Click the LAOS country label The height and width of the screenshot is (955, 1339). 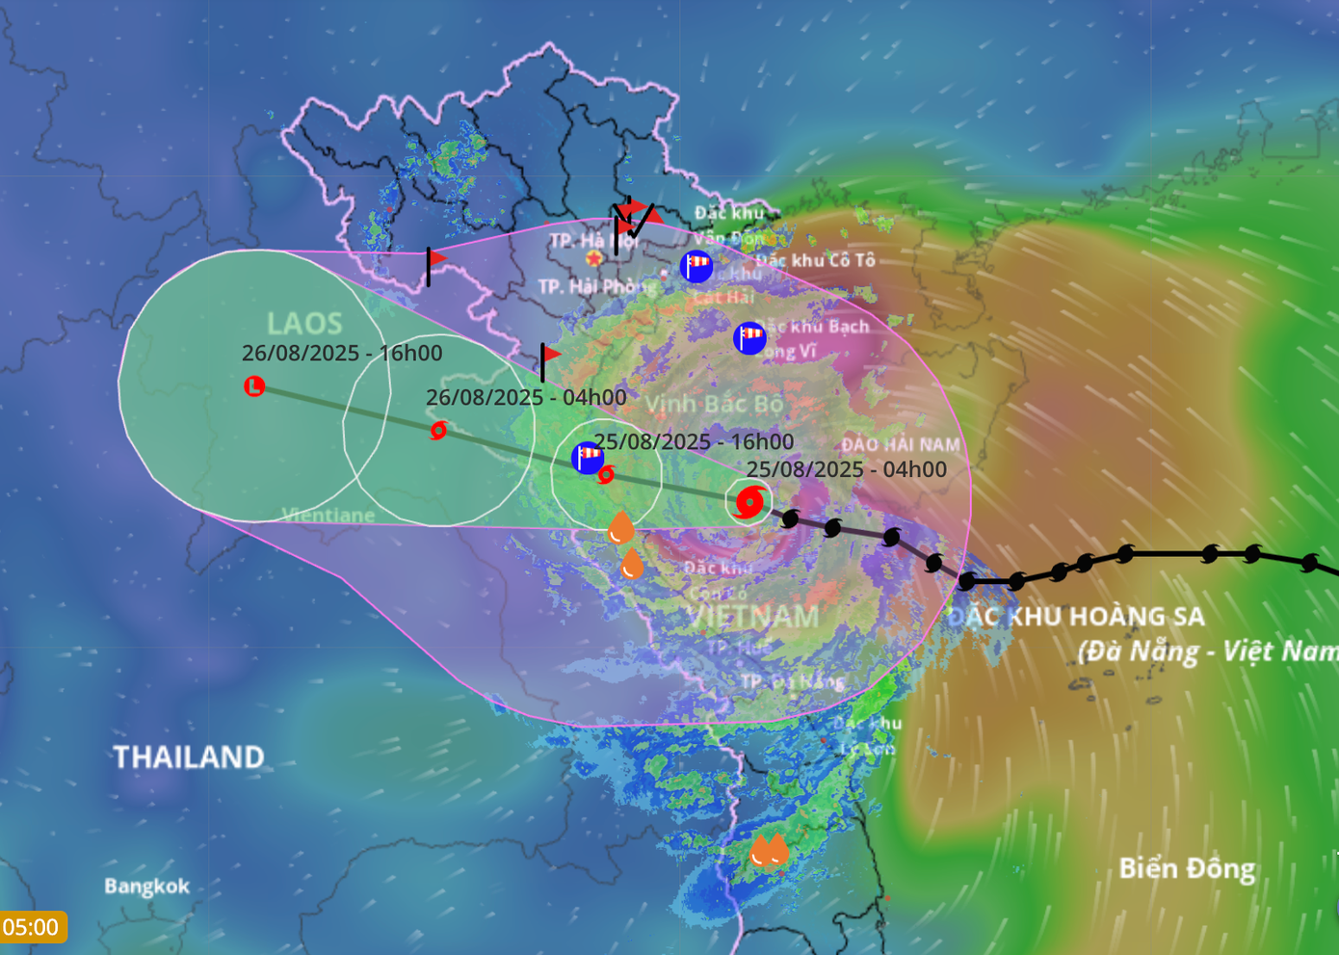coord(304,323)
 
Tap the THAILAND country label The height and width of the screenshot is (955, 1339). coord(189,757)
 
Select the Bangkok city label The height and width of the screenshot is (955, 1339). coord(146,887)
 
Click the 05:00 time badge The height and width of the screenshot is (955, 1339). coord(32,927)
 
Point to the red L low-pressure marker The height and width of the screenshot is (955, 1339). coord(254,386)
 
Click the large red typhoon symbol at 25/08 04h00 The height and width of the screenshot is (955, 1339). coord(748,502)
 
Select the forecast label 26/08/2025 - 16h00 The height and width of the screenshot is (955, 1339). coord(342,354)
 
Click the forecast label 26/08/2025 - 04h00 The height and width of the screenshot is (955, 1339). coord(526,397)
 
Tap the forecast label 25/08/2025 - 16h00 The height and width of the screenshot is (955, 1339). coord(694,441)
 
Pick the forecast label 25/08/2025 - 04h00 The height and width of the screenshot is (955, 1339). coord(847,469)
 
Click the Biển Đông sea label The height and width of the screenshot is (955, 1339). coord(1187,869)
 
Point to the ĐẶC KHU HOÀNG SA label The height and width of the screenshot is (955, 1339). coord(1076,617)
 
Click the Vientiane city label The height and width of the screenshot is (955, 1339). coord(328,516)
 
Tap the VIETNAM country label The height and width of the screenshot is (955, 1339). coord(753,617)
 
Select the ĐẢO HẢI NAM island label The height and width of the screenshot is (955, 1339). coord(901,444)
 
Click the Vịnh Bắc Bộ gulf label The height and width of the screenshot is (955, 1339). coord(714,404)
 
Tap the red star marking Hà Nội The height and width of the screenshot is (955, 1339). coord(593,258)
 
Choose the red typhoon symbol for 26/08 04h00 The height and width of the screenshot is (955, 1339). coord(438,430)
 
